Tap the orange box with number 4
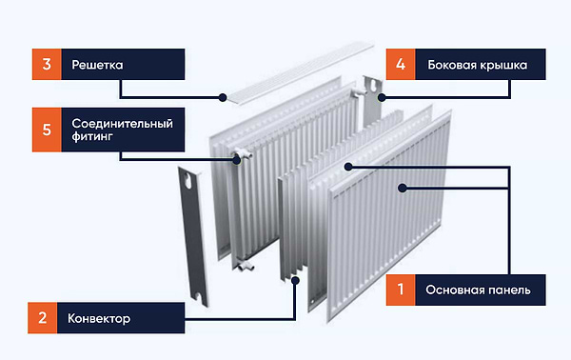click(x=401, y=66)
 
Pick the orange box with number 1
click(x=401, y=288)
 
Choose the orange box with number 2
click(x=43, y=318)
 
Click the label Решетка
click(x=97, y=66)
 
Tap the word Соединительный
click(x=121, y=124)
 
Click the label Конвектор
click(x=99, y=318)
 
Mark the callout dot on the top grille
click(x=222, y=96)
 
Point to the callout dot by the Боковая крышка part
click(x=381, y=96)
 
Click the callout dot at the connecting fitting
click(x=237, y=159)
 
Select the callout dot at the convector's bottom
click(x=296, y=280)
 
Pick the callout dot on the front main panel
click(x=404, y=187)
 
